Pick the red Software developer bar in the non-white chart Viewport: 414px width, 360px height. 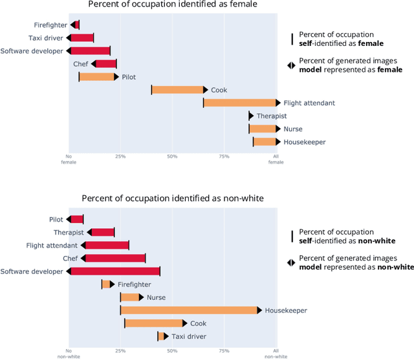point(114,271)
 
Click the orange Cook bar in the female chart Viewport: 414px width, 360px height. point(178,90)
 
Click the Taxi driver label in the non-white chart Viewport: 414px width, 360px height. point(188,336)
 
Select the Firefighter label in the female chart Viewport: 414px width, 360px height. point(50,25)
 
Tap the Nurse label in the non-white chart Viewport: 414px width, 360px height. point(156,297)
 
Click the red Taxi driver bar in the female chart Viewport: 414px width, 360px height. point(82,37)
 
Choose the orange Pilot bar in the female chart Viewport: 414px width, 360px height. point(97,77)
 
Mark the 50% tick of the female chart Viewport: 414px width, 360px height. point(172,156)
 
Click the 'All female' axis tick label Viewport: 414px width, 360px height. point(276,159)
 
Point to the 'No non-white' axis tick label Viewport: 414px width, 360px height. point(69,353)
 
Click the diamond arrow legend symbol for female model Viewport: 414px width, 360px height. point(291,65)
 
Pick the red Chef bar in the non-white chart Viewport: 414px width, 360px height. point(114,259)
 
